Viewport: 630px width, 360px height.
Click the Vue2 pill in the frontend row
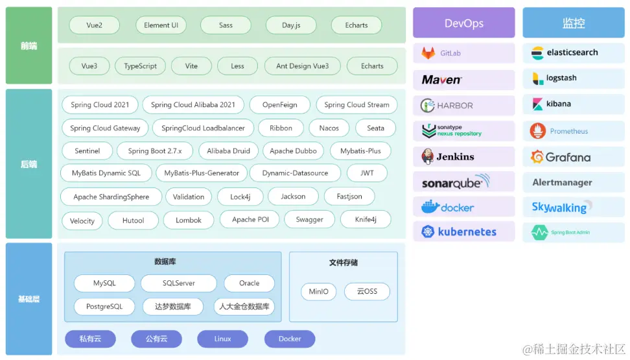[95, 25]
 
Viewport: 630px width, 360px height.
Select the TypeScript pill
[141, 66]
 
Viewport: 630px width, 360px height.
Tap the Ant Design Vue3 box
[302, 66]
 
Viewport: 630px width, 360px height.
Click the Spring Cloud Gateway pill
[105, 128]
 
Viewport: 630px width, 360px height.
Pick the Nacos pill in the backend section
[329, 128]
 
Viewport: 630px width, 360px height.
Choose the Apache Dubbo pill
[293, 151]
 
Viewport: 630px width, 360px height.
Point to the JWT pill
[367, 173]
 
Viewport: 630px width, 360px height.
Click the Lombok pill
[189, 221]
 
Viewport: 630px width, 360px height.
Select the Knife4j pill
[366, 220]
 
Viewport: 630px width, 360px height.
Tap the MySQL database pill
[104, 283]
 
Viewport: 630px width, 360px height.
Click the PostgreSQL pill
[104, 307]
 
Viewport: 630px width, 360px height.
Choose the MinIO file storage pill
[318, 292]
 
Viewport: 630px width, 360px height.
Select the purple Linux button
[222, 339]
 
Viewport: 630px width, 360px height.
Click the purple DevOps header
[464, 23]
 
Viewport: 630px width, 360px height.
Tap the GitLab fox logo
[428, 53]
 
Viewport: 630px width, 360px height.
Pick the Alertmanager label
[563, 182]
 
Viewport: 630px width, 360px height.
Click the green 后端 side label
[29, 164]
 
